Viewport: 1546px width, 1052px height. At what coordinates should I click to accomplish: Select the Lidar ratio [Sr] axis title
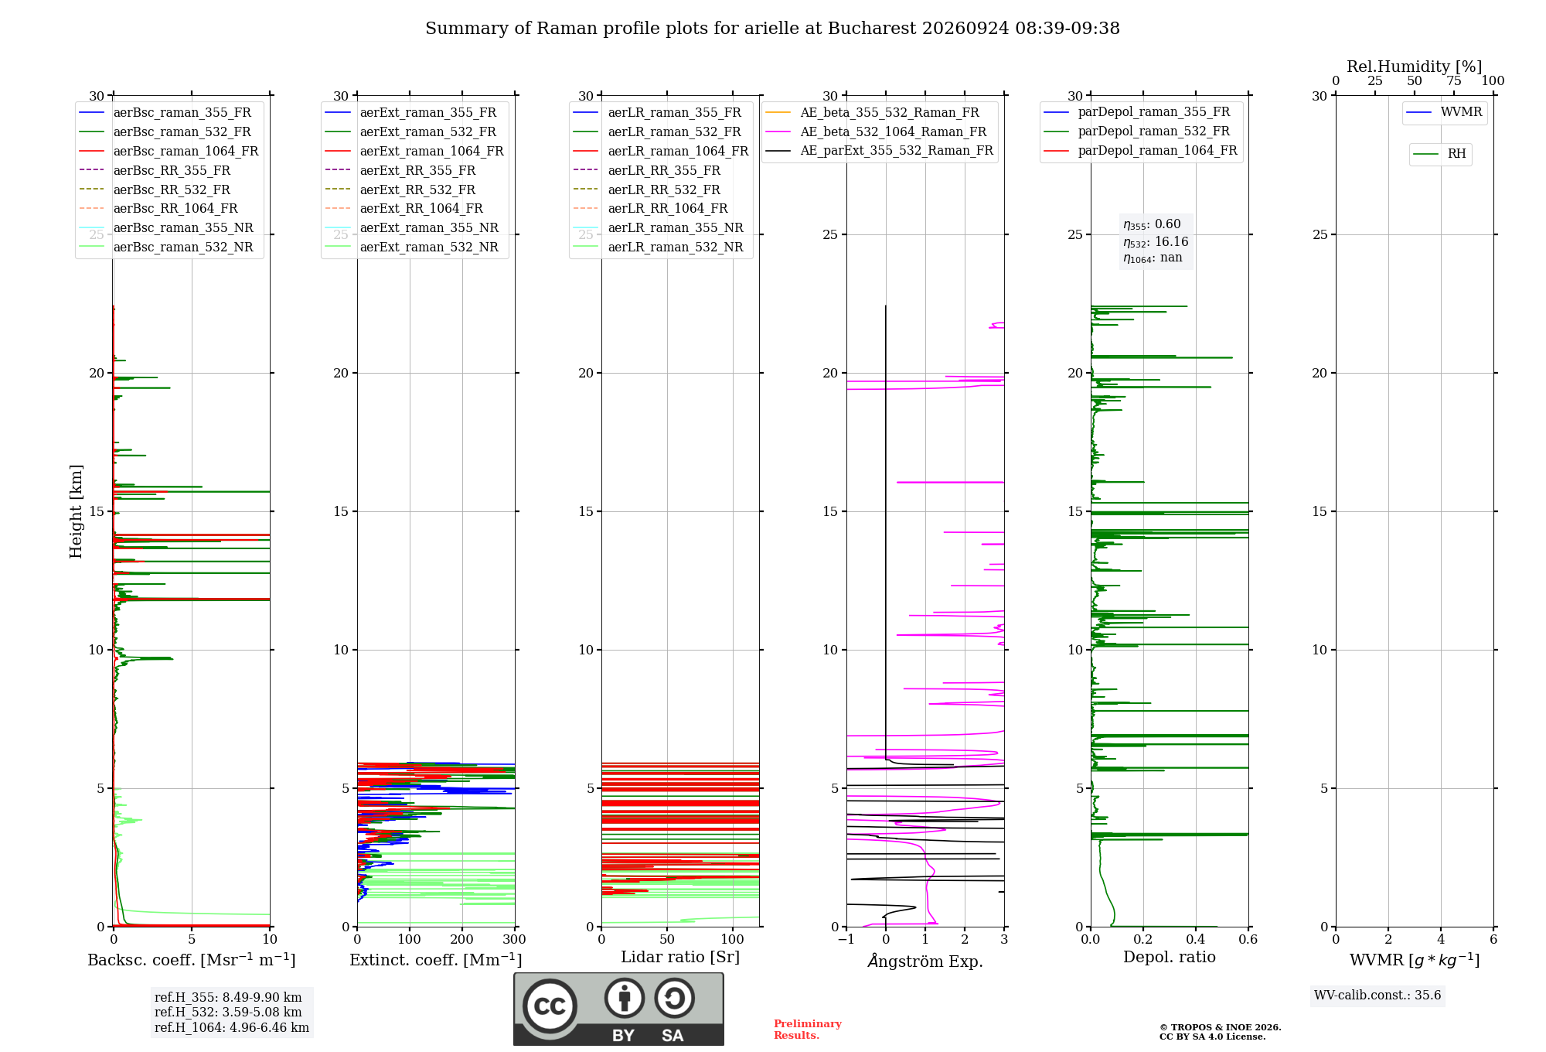click(680, 958)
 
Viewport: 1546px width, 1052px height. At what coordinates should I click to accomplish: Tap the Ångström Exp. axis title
click(925, 961)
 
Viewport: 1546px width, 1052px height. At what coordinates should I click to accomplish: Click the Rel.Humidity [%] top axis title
click(1415, 67)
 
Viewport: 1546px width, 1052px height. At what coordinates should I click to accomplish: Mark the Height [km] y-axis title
click(76, 511)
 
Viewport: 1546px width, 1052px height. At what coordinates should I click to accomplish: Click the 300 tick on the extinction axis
click(515, 940)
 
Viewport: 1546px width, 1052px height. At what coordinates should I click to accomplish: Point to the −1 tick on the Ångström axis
click(846, 940)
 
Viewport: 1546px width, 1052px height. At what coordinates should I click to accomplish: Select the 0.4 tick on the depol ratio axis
click(1196, 940)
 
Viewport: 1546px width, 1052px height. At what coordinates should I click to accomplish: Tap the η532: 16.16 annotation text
click(1156, 242)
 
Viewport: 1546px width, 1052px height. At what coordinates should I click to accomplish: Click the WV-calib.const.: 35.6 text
click(1377, 996)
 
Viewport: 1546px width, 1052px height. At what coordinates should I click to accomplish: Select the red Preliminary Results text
click(808, 1030)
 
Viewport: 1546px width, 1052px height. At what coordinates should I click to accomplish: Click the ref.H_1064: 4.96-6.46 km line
click(232, 1028)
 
